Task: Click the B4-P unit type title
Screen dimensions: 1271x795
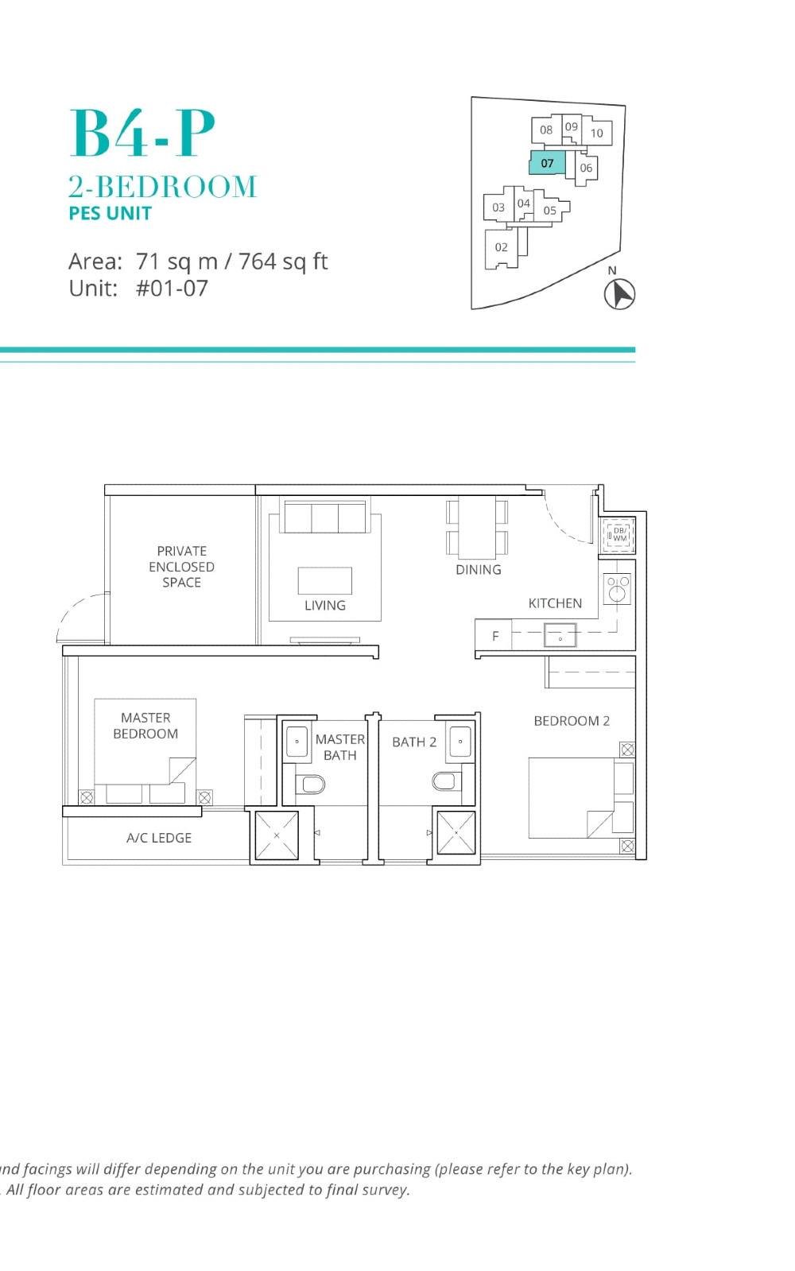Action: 142,134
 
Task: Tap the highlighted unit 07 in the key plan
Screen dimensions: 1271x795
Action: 547,163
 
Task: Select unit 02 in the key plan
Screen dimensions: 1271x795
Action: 501,247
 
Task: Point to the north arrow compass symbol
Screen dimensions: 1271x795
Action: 619,294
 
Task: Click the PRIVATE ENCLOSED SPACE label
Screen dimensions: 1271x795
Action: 181,566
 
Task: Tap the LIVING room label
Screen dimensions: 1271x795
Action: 325,605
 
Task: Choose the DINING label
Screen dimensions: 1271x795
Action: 479,569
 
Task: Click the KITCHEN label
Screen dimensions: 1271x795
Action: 555,603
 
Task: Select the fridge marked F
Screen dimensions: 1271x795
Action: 495,636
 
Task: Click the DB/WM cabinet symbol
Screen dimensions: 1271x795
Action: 619,534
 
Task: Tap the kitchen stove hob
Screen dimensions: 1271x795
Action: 617,589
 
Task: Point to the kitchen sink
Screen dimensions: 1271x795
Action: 560,636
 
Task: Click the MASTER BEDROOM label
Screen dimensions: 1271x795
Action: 145,726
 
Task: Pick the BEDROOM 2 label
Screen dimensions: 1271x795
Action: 572,721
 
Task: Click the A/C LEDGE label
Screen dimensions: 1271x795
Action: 159,838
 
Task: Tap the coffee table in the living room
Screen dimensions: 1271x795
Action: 325,580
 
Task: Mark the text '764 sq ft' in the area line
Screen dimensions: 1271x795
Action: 283,262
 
